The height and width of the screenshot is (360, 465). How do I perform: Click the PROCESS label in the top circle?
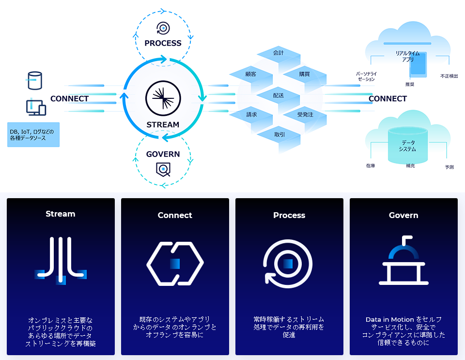coord(163,43)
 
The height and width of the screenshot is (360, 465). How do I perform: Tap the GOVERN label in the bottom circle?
coord(163,155)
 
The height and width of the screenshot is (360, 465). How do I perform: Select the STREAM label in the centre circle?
coord(163,125)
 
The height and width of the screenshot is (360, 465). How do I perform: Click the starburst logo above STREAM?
coord(163,98)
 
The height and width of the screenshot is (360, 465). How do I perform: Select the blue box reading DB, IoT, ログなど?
coord(33,134)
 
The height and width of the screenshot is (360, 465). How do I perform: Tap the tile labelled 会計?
coord(278,53)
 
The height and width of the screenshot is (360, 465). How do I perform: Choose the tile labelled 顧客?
coord(251,74)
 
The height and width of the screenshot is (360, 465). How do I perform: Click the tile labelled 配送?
coord(278,95)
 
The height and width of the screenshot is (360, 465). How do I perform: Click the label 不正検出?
coord(449,76)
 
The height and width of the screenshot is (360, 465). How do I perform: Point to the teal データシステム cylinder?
coord(408,146)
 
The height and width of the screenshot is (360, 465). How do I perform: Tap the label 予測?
coord(449,167)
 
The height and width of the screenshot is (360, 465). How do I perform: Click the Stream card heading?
coord(61,214)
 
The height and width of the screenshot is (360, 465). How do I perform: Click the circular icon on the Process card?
coord(288,264)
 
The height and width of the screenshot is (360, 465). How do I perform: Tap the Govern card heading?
coord(403,215)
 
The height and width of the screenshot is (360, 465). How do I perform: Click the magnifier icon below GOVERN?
coord(163,170)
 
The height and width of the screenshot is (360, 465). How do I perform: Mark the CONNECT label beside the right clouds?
coord(387,99)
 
